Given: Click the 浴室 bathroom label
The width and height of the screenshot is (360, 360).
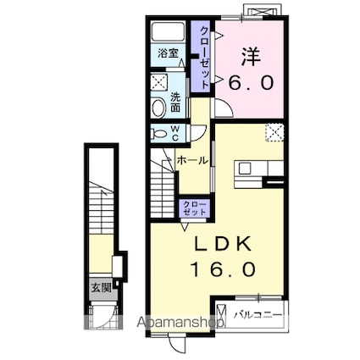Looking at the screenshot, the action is coord(168,53).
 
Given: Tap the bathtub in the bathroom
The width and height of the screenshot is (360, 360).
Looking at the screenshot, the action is coord(169,31).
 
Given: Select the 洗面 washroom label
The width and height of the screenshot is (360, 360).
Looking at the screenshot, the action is coord(175,102).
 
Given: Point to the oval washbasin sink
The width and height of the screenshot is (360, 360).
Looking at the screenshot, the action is coord(159,108).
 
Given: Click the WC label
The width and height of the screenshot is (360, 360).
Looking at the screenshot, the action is coord(175,134).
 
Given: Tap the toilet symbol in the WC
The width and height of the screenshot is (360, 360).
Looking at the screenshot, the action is coord(158,134).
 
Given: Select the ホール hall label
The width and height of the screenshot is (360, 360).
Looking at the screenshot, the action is coord(192,161).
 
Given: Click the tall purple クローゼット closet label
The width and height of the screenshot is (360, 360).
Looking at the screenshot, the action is coord(205,57).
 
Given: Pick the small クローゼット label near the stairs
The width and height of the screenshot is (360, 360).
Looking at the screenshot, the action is coord(194,208).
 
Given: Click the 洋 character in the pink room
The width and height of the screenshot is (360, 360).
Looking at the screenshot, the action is coord(251,58).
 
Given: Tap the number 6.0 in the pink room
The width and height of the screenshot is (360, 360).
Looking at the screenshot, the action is coord(251,82).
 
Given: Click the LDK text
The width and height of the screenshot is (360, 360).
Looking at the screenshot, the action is coord(224,243).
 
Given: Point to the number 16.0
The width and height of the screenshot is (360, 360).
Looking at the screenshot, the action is coord(224,269).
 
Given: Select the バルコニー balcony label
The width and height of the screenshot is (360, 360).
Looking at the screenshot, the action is coord(258,315).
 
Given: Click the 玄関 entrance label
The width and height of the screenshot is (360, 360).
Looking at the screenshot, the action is coord(101,288).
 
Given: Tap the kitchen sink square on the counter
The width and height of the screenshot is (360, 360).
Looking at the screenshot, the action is coord(245,169).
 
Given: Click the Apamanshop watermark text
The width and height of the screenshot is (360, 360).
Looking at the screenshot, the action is coord(180,322).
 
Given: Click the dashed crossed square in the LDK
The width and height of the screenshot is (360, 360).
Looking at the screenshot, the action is coord(274,132).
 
